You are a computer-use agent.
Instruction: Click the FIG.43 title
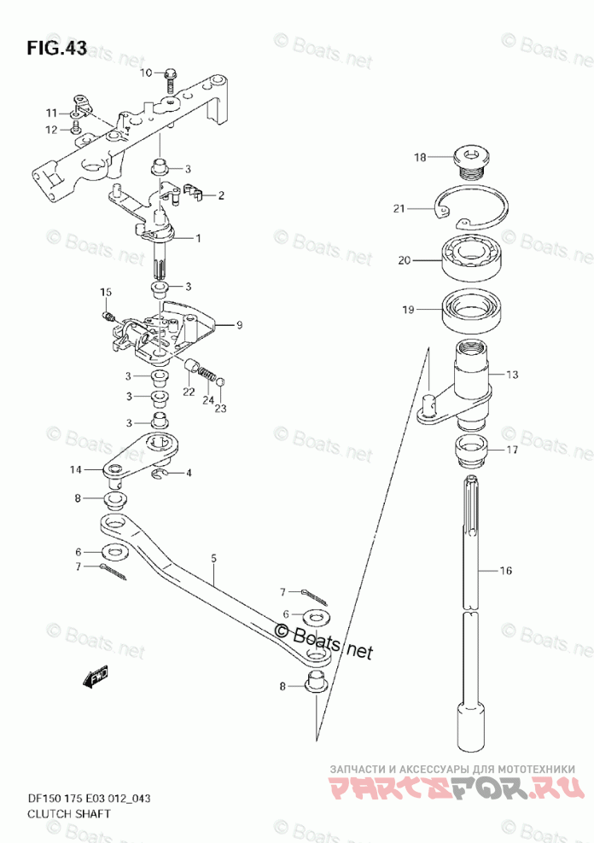(56, 48)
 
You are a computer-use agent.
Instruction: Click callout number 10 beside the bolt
(146, 73)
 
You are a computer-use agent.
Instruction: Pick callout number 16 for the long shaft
(505, 571)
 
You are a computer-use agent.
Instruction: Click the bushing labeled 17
(471, 451)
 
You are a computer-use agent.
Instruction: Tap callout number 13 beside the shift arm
(511, 374)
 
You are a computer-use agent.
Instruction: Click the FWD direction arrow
(95, 676)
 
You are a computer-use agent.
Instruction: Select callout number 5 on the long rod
(214, 558)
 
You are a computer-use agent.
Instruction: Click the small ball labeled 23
(220, 381)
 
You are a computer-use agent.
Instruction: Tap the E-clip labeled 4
(157, 473)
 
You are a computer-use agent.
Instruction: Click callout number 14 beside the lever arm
(75, 469)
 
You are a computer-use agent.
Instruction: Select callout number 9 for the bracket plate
(239, 324)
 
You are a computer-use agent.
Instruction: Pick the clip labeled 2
(193, 190)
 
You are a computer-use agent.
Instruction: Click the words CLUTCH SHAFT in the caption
(69, 813)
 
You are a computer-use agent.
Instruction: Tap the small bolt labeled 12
(76, 128)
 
